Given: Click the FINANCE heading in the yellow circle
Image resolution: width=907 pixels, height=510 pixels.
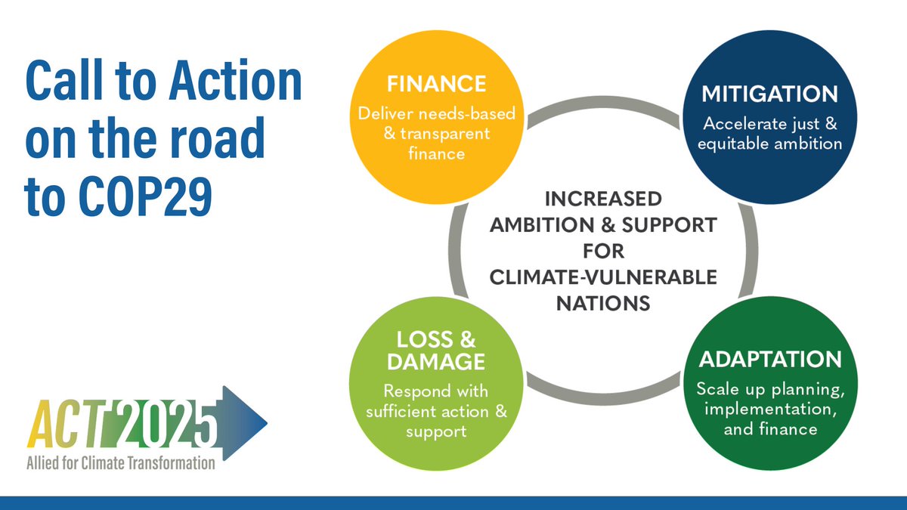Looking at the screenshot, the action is tap(436, 84).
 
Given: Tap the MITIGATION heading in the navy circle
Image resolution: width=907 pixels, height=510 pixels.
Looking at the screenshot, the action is tap(769, 94).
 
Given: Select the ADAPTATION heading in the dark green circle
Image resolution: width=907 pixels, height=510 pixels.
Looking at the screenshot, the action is tap(770, 360).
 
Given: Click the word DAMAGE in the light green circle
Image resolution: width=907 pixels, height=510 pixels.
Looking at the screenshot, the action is tap(436, 361).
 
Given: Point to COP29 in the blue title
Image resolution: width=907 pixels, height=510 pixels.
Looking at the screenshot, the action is tap(145, 197).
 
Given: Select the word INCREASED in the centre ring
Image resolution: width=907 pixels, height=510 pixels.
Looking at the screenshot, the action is tap(603, 199).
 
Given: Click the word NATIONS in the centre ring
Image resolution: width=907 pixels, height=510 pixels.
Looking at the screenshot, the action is tap(603, 303).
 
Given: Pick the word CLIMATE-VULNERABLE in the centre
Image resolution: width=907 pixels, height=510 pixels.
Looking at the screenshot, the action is tap(603, 277).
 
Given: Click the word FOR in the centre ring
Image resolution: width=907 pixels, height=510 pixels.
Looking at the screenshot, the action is tap(603, 251).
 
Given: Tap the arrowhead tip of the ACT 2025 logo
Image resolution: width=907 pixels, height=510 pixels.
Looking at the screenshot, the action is tap(268, 423).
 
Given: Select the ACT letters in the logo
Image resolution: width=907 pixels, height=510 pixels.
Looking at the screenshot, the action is tap(68, 424).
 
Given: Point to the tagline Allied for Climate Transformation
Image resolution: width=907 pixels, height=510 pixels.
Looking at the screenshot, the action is tap(121, 462).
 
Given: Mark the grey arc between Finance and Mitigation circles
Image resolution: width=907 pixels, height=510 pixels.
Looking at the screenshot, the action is tap(603, 103).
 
